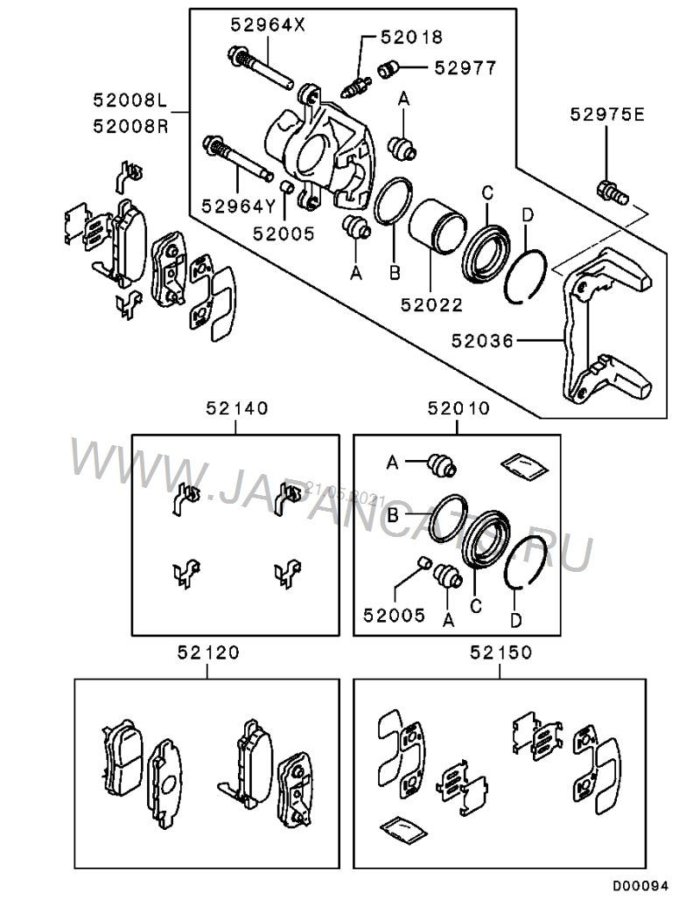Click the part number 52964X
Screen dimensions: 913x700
269,25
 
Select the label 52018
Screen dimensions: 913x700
410,37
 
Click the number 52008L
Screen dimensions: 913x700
132,101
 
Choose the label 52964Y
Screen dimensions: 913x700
238,206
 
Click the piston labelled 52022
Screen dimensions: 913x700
435,227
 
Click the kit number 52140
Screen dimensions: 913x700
237,408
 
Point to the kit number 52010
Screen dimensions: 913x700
458,408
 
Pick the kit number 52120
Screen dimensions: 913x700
207,652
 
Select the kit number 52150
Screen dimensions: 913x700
500,652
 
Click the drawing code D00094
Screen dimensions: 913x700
640,886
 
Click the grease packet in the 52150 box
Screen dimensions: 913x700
399,826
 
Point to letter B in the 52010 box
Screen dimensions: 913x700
393,517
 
